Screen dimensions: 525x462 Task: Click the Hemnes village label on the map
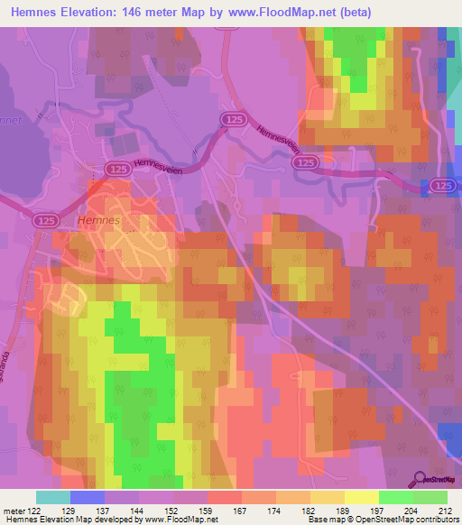pyautogui.click(x=98, y=219)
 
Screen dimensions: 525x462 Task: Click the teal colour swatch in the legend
pyautogui.click(x=53, y=497)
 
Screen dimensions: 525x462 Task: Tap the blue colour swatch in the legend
pyautogui.click(x=88, y=497)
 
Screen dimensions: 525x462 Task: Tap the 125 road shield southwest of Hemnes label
pyautogui.click(x=46, y=219)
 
